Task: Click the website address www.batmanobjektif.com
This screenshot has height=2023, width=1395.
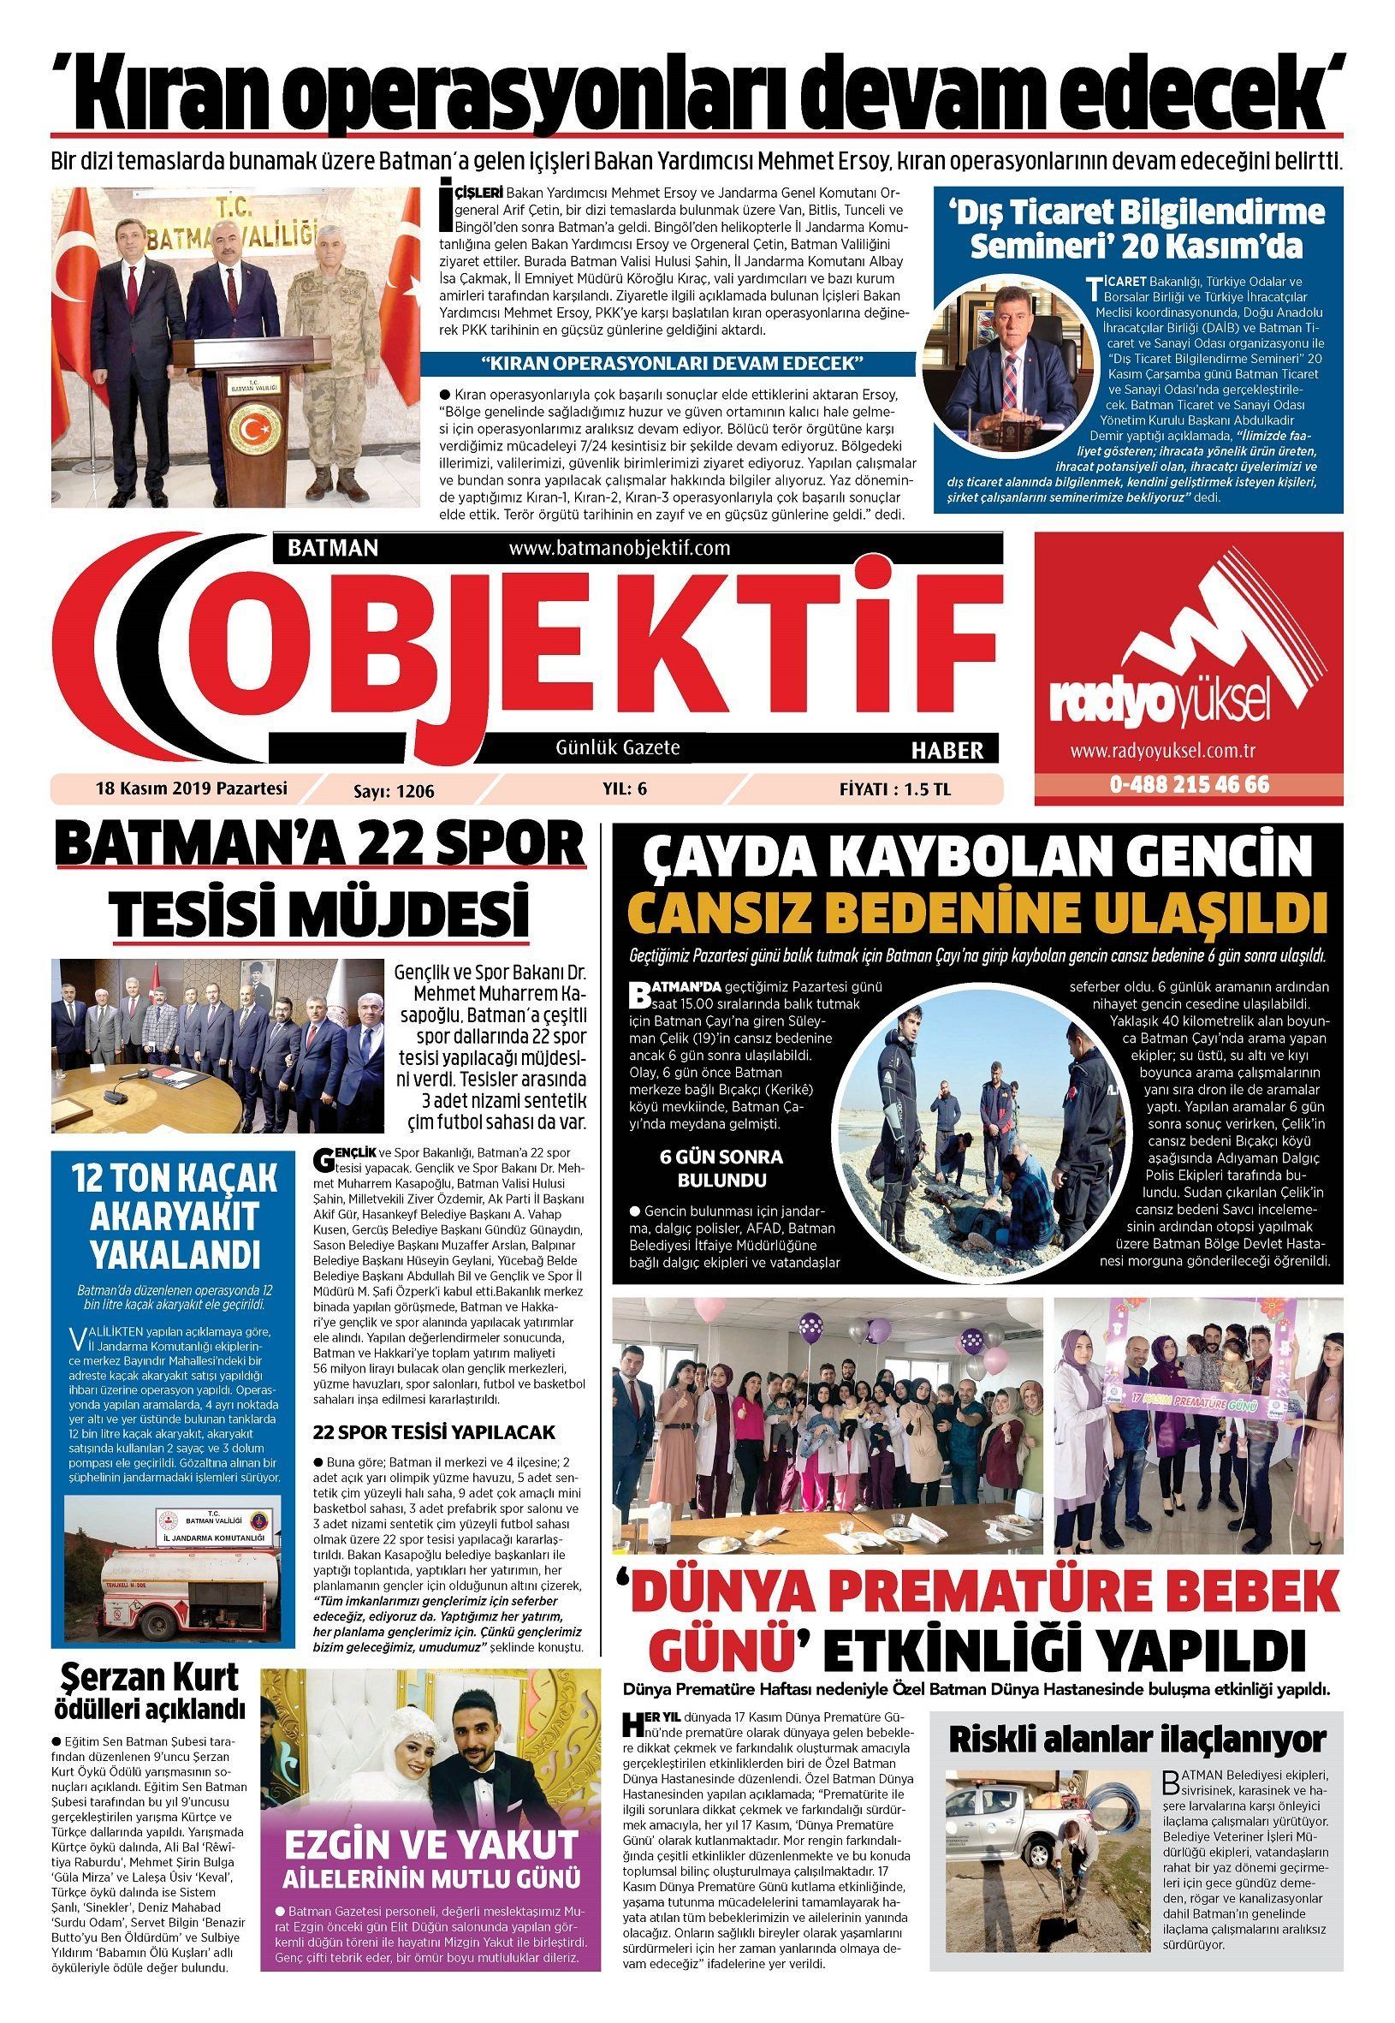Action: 618,548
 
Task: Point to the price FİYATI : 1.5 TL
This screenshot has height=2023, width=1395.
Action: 894,788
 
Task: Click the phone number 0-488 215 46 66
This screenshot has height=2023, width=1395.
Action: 1190,784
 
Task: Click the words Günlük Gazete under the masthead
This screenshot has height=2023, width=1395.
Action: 617,747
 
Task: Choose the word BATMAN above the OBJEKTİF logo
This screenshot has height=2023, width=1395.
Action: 338,548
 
